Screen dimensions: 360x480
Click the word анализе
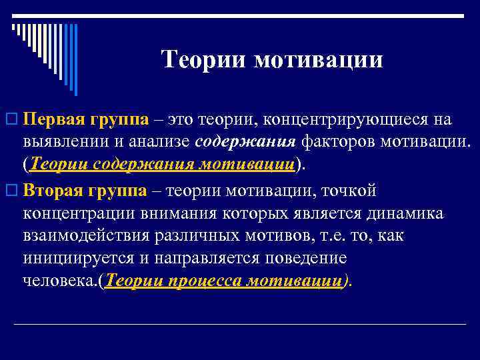coord(163,141)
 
